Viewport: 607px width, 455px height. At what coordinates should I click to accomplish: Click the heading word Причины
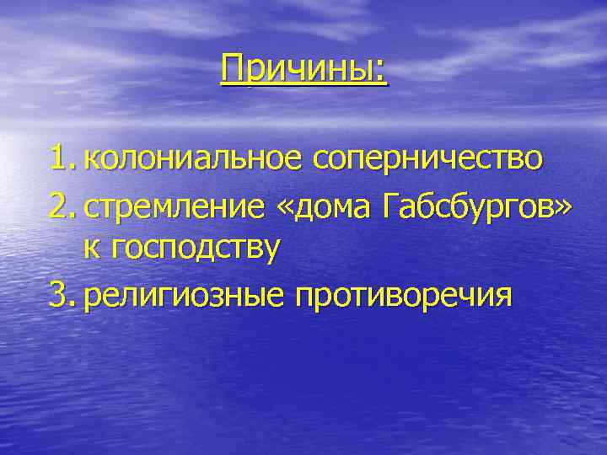tap(300, 69)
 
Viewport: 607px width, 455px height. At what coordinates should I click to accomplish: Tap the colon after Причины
tap(383, 72)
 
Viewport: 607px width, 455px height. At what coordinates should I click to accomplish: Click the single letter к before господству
tap(89, 251)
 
